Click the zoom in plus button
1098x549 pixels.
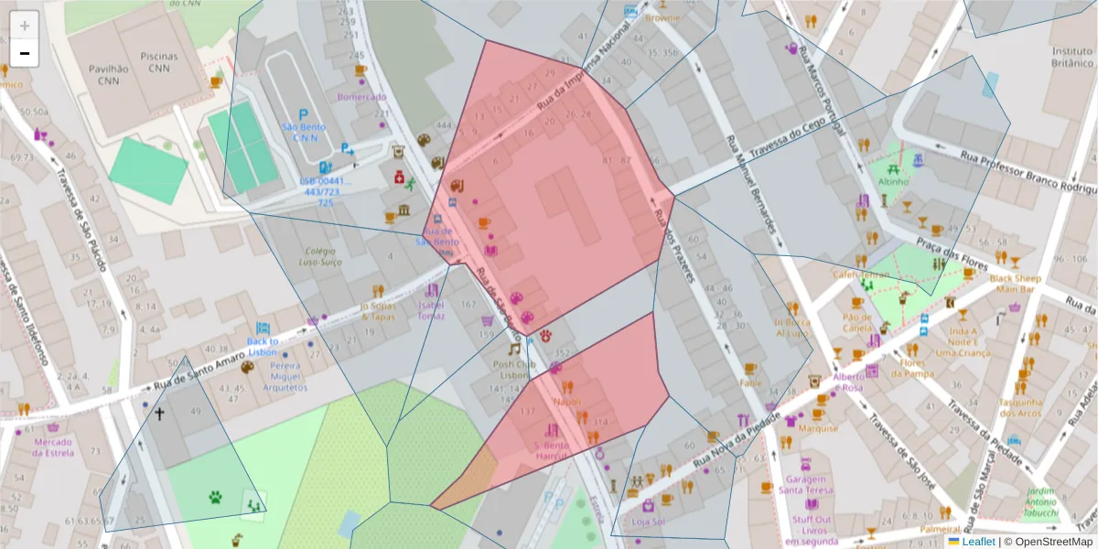click(x=25, y=26)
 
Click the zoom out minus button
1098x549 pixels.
click(x=25, y=53)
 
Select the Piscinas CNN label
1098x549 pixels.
click(x=159, y=61)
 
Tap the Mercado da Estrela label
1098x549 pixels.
click(x=53, y=447)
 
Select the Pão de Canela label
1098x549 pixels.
click(x=857, y=322)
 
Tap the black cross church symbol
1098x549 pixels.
click(x=159, y=414)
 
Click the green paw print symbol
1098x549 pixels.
click(x=215, y=498)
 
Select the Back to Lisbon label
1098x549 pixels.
click(x=263, y=346)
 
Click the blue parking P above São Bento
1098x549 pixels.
click(x=303, y=114)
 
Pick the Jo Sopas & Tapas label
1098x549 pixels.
click(x=377, y=311)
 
